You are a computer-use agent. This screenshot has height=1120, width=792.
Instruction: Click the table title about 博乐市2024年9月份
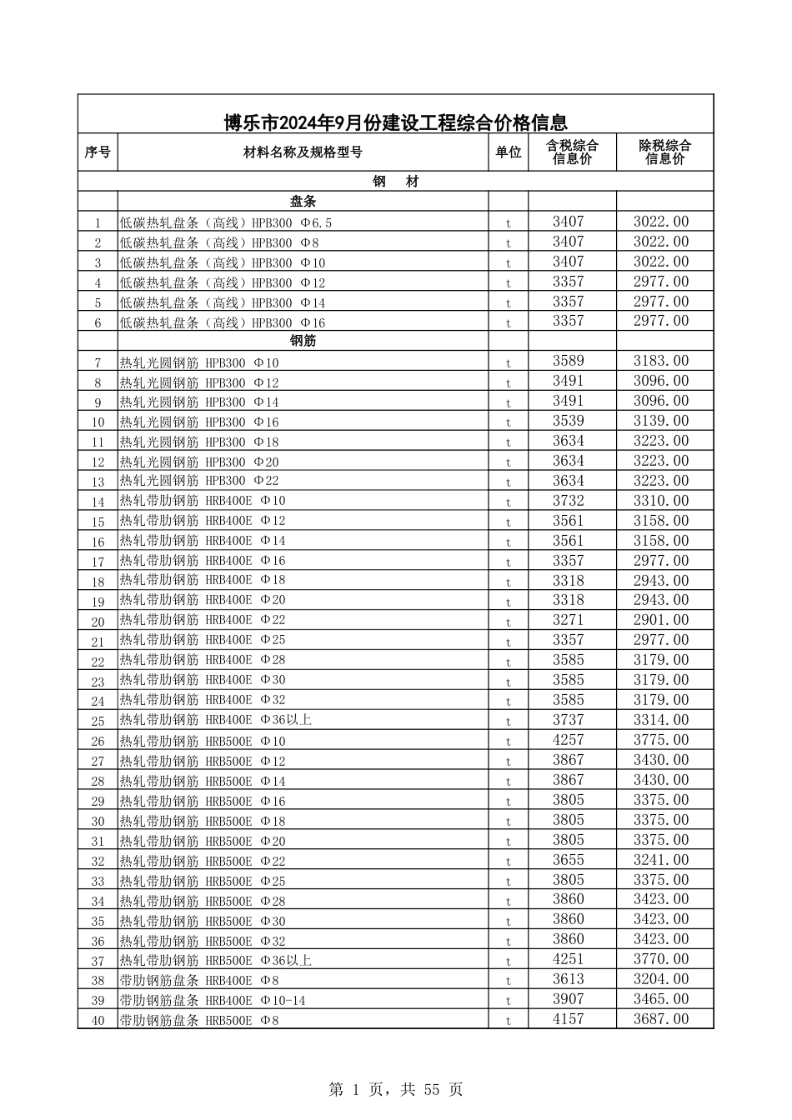(x=395, y=123)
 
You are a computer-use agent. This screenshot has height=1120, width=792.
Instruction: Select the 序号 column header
(x=98, y=152)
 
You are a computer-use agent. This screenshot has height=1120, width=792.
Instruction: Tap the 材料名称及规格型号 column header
(x=303, y=152)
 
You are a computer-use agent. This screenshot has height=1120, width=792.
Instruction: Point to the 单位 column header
(x=508, y=152)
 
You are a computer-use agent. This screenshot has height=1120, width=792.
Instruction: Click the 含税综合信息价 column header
(x=572, y=152)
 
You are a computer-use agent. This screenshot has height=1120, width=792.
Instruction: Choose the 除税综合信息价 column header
(x=664, y=152)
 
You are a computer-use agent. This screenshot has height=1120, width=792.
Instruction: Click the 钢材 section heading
(x=395, y=182)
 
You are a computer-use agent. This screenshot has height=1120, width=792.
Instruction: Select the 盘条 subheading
(x=303, y=202)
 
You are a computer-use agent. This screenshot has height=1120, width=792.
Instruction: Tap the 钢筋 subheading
(x=303, y=341)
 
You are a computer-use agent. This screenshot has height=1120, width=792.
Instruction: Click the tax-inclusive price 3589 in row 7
(x=569, y=361)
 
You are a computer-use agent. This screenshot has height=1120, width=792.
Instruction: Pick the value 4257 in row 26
(x=569, y=740)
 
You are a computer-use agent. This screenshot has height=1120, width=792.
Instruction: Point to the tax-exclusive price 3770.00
(x=661, y=959)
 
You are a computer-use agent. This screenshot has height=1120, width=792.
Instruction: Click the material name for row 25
(x=216, y=720)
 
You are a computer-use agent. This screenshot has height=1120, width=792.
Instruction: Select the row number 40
(x=98, y=1021)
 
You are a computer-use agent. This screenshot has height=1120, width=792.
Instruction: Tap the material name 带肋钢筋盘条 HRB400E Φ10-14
(x=213, y=1000)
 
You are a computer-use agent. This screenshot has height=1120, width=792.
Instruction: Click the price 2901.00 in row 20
(x=661, y=620)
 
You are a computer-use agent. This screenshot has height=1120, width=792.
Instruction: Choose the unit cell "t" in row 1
(x=508, y=223)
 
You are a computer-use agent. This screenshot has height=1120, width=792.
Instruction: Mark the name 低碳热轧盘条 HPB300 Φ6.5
(x=226, y=222)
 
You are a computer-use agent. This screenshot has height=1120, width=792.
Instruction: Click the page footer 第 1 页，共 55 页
(x=396, y=1089)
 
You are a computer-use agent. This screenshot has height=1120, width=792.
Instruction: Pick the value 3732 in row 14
(x=569, y=501)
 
